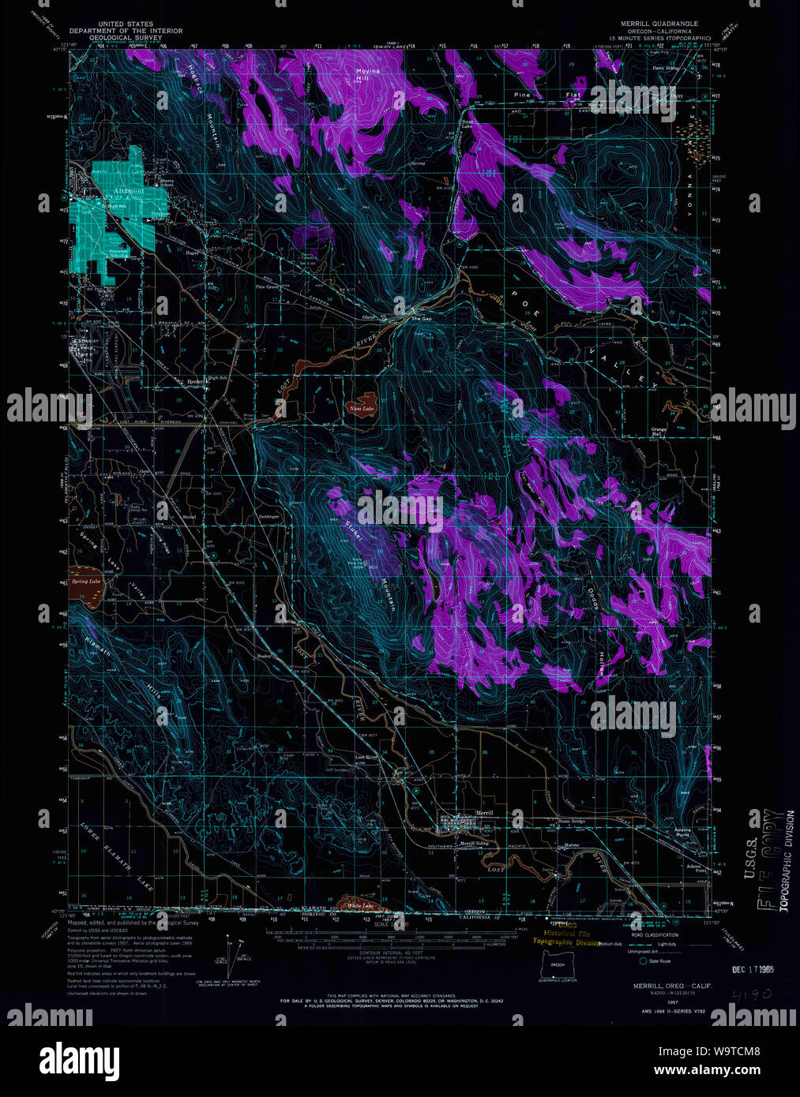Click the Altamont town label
coord(129,191)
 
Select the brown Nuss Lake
coord(362,408)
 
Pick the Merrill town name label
coord(484,813)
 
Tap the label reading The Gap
coord(423,319)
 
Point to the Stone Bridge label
coord(571,822)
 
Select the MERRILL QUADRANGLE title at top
coord(659,24)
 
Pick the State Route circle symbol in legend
coord(643,960)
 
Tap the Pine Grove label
coord(268,287)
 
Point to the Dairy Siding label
coord(666,68)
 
